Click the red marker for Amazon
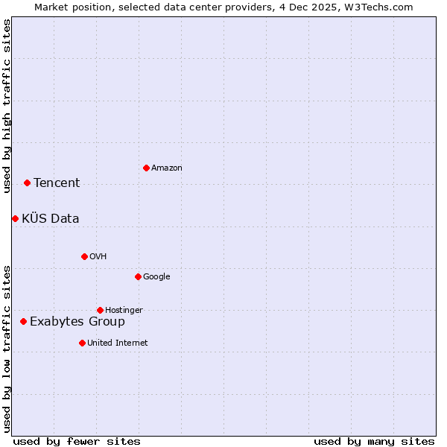146,168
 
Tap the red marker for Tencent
27,183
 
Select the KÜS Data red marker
15,218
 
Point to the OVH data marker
84,256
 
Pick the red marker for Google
138,276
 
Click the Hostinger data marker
100,310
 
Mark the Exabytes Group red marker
23,321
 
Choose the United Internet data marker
82,343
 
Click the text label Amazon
166,168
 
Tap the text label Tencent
57,183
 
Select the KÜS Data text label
50,218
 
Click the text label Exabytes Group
77,322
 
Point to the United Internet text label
117,343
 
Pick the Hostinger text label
124,311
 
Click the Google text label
156,277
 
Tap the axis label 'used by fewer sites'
77,441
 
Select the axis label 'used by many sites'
374,441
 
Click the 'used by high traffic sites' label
7,106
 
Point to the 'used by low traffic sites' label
7,348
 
